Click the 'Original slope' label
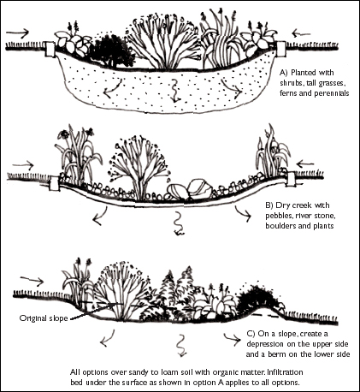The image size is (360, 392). (44, 318)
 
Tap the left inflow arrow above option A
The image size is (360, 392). (18, 33)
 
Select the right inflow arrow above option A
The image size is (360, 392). (301, 33)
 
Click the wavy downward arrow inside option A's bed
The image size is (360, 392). (175, 92)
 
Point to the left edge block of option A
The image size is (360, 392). (50, 50)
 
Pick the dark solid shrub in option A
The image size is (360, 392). (110, 51)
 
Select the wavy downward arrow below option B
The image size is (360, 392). (179, 223)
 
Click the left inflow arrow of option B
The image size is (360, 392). (23, 165)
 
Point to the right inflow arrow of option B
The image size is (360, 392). (305, 164)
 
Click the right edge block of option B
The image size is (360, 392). (291, 179)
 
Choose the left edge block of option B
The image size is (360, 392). (54, 183)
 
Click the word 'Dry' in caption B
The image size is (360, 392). (282, 205)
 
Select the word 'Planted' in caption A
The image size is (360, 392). (302, 73)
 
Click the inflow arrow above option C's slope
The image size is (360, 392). (32, 281)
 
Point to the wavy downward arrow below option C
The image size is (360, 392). (181, 346)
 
